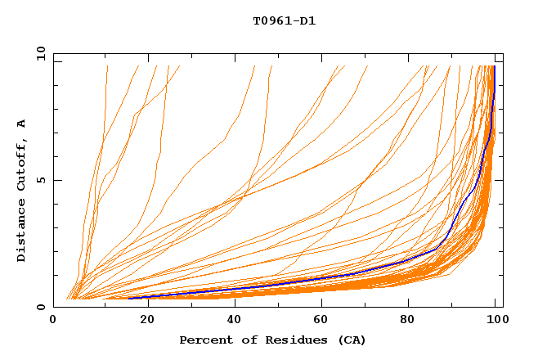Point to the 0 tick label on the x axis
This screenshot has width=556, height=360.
click(x=53, y=321)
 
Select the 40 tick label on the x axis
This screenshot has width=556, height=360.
click(x=235, y=321)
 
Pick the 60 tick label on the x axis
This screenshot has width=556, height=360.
click(x=323, y=321)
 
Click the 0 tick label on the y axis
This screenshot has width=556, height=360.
click(x=40, y=308)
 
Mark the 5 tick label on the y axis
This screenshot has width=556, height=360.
click(x=40, y=180)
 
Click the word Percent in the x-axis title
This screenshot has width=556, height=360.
click(x=204, y=340)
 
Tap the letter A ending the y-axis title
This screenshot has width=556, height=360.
click(x=21, y=124)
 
